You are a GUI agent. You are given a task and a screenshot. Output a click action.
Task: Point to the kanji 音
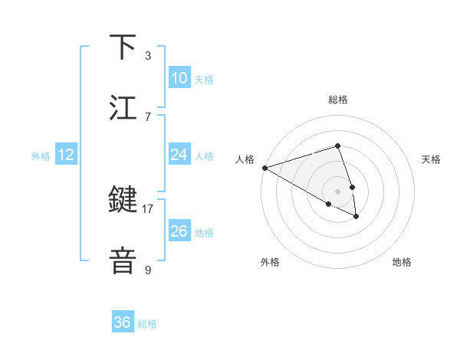pos(123,260)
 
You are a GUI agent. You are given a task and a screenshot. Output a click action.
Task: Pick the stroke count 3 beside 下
pos(148,55)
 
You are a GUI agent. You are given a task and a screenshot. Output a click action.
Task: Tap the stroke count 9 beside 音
pos(148,270)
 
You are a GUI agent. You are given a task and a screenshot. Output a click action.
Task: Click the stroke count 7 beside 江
pos(148,116)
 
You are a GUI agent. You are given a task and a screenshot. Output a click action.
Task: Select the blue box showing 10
pos(179,78)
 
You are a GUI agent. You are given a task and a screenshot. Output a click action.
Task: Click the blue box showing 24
pos(179,155)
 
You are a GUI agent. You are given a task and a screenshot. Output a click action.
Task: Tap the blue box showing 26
pos(179,231)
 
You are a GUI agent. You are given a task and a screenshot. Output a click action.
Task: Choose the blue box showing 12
pos(66,155)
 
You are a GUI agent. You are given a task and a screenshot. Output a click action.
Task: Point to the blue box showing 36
pos(123,322)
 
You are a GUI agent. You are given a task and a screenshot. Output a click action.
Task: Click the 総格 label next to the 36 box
pos(147,324)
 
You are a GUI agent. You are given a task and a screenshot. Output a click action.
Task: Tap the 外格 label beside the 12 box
pos(41,156)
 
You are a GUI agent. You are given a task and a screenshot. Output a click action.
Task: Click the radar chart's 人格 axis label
pos(245,159)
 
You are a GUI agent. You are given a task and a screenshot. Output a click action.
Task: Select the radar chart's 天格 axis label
pos(431,159)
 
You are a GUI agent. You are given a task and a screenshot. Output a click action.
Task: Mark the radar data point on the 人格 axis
pos(264,168)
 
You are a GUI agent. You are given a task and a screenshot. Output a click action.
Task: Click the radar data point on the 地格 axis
pos(356,217)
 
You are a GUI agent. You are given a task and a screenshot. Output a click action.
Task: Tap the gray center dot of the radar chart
pos(337,191)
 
